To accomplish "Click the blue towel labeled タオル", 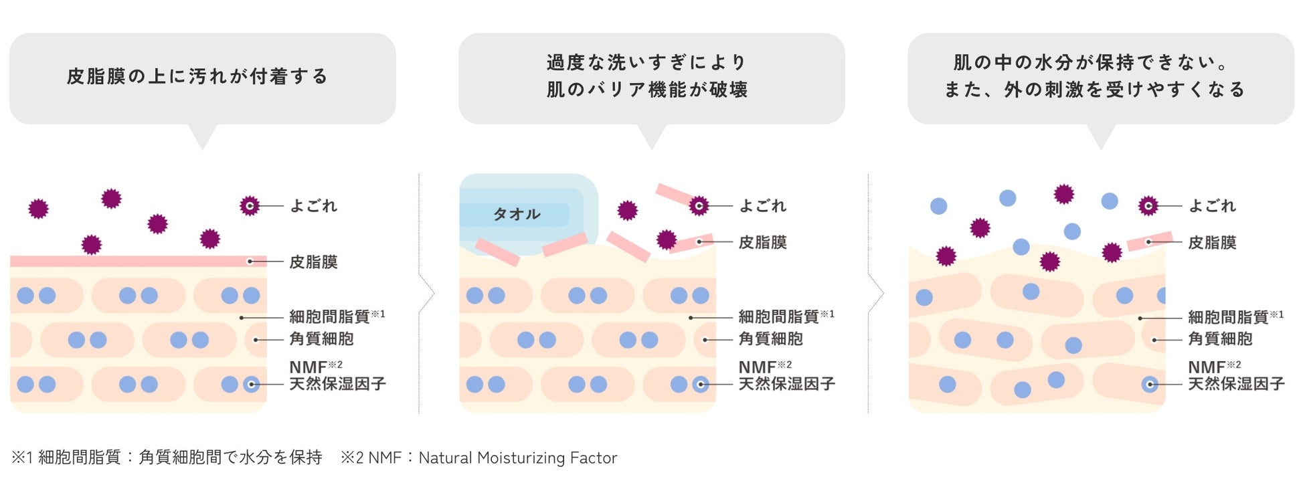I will tap(517, 214).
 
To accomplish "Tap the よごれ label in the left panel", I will tap(313, 206).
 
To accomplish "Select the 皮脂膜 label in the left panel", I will tap(313, 262).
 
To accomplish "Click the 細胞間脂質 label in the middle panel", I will tap(778, 316).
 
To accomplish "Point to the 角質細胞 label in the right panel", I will tap(1220, 339).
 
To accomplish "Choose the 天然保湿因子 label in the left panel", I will tap(337, 384).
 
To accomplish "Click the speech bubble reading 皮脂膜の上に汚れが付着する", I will tap(202, 78).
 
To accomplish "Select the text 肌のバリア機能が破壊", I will tap(647, 90).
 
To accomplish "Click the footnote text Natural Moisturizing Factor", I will tap(517, 458).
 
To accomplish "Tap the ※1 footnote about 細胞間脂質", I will tap(167, 458).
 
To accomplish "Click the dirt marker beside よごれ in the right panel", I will tap(1148, 206).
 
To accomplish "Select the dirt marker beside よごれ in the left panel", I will tap(250, 206).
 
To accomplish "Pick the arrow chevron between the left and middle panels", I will tap(427, 293).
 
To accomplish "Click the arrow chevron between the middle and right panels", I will tap(876, 293).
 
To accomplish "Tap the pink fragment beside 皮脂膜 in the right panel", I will tap(1149, 241).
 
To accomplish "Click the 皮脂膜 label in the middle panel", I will tap(762, 243).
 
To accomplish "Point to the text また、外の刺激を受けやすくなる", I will tap(1094, 90).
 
